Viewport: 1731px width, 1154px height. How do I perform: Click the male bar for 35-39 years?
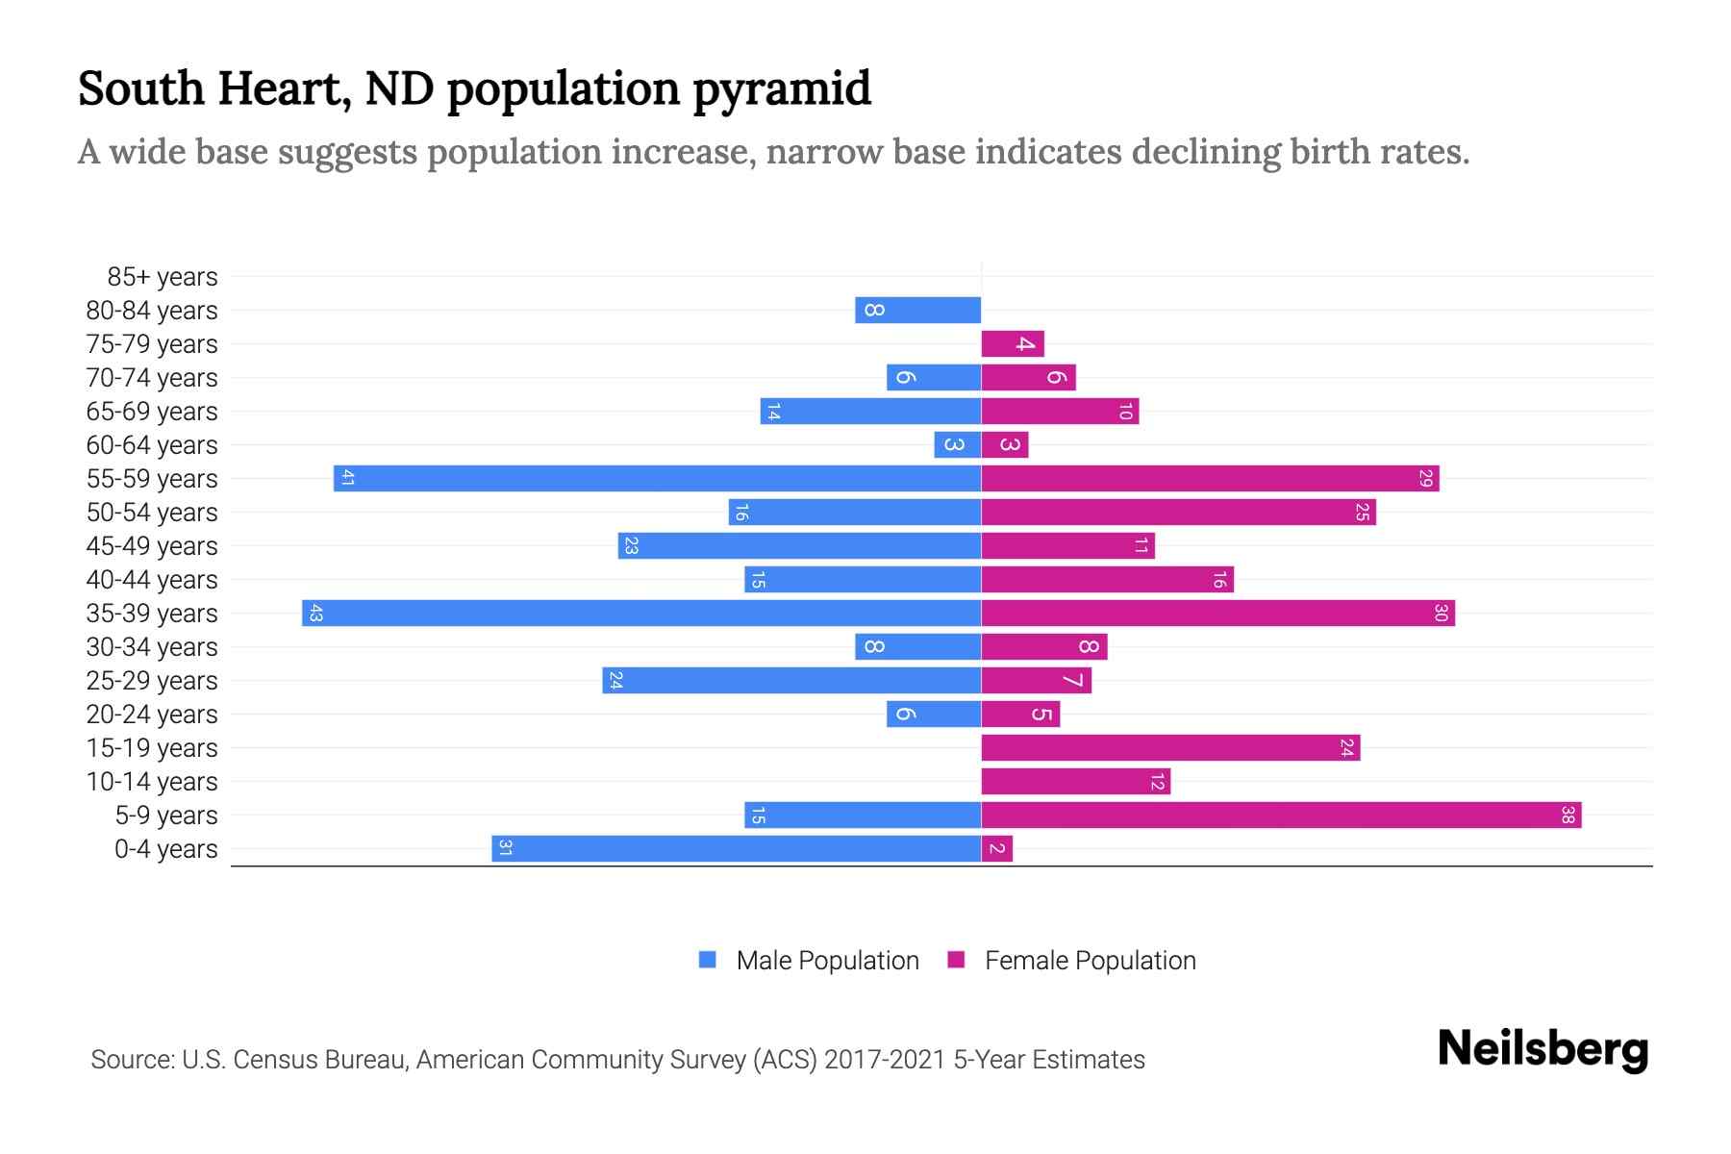coord(641,613)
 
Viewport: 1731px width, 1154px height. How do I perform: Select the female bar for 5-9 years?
coord(1281,815)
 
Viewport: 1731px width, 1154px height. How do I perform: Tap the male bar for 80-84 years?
coord(918,310)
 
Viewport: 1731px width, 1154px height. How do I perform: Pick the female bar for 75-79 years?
coord(1013,343)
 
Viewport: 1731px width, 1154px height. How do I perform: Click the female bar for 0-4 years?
coord(997,848)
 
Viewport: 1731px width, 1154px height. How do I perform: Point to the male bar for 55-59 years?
coord(657,478)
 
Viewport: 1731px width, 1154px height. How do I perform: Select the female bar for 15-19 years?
coord(1170,747)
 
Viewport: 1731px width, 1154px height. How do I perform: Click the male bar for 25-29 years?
coord(791,680)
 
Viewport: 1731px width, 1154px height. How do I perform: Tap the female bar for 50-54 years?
coord(1178,512)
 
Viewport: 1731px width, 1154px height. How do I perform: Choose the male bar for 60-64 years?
coord(958,444)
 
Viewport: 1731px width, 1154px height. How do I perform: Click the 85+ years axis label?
coord(163,277)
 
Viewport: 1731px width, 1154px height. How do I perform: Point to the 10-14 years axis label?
coord(152,782)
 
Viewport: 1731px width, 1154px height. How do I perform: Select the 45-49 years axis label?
coord(152,546)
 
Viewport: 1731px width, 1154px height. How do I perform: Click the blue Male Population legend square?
coord(708,960)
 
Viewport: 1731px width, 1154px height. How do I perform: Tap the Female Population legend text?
coord(1090,961)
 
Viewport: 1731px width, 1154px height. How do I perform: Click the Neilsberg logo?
coord(1543,1049)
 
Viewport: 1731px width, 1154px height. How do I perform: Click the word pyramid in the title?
coord(782,89)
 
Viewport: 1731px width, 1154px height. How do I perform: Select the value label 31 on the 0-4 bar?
coord(505,848)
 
